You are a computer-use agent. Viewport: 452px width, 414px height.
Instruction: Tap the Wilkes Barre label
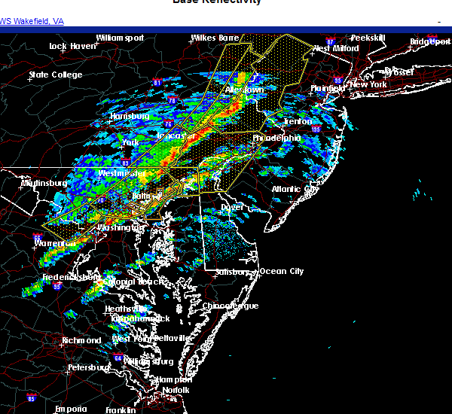pos(214,38)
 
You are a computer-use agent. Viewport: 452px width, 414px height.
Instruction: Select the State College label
pos(53,75)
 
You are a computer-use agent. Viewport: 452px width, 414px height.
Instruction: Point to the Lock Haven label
pos(72,46)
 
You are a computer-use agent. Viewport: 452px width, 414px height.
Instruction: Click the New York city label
pos(368,84)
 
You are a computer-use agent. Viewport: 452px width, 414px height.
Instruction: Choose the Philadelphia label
pos(276,138)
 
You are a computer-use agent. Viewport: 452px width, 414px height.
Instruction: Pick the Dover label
pos(232,207)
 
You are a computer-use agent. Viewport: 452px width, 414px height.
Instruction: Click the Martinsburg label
pos(44,183)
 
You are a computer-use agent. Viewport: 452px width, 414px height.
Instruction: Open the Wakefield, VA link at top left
pos(32,21)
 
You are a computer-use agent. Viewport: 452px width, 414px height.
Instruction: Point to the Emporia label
pos(71,409)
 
